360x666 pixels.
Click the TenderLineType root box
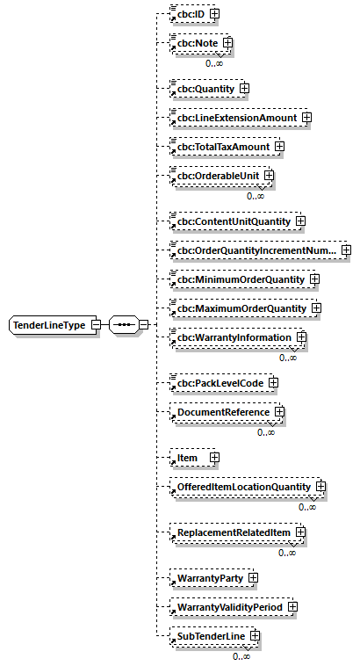(48, 325)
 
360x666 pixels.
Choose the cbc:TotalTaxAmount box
(219, 146)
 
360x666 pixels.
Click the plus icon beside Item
(213, 458)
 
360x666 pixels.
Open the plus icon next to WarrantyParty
(253, 578)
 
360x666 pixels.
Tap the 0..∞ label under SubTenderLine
(241, 655)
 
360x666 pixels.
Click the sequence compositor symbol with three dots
(125, 325)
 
